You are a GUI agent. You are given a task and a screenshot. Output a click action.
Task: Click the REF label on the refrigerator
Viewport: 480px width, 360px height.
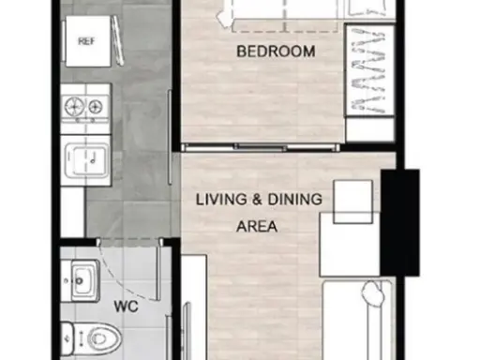[86, 41]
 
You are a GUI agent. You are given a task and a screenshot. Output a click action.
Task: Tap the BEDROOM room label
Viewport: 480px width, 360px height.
[276, 52]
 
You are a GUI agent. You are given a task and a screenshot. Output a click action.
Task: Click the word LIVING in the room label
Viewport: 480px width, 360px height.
[221, 200]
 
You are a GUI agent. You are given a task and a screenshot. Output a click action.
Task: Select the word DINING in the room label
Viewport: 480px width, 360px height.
[294, 200]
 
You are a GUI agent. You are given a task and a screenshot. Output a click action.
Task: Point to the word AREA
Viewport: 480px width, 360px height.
[257, 227]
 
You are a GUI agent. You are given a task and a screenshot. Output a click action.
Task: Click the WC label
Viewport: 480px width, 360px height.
[126, 307]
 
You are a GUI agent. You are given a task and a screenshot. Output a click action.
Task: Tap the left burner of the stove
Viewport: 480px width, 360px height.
[74, 107]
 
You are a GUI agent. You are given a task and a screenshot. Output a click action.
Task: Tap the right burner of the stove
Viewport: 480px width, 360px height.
[96, 107]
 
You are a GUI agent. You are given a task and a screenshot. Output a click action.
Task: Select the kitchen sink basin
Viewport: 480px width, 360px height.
[86, 160]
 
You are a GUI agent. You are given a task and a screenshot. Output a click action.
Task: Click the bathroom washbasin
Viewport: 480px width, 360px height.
[83, 280]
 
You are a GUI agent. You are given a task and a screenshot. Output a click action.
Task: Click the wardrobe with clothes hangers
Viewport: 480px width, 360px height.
[369, 70]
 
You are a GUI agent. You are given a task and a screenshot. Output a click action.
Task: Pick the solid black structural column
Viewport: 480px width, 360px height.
[400, 222]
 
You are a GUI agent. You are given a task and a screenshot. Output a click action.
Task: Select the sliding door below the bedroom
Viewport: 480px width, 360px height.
[261, 147]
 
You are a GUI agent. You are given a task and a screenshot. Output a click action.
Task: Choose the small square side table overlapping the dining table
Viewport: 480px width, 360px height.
[353, 202]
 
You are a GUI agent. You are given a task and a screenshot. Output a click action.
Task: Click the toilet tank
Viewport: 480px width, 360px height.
[67, 338]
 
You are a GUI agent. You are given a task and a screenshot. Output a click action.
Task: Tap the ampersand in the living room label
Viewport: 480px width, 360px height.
[258, 200]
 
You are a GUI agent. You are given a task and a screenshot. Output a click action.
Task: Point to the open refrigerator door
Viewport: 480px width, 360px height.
[118, 40]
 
